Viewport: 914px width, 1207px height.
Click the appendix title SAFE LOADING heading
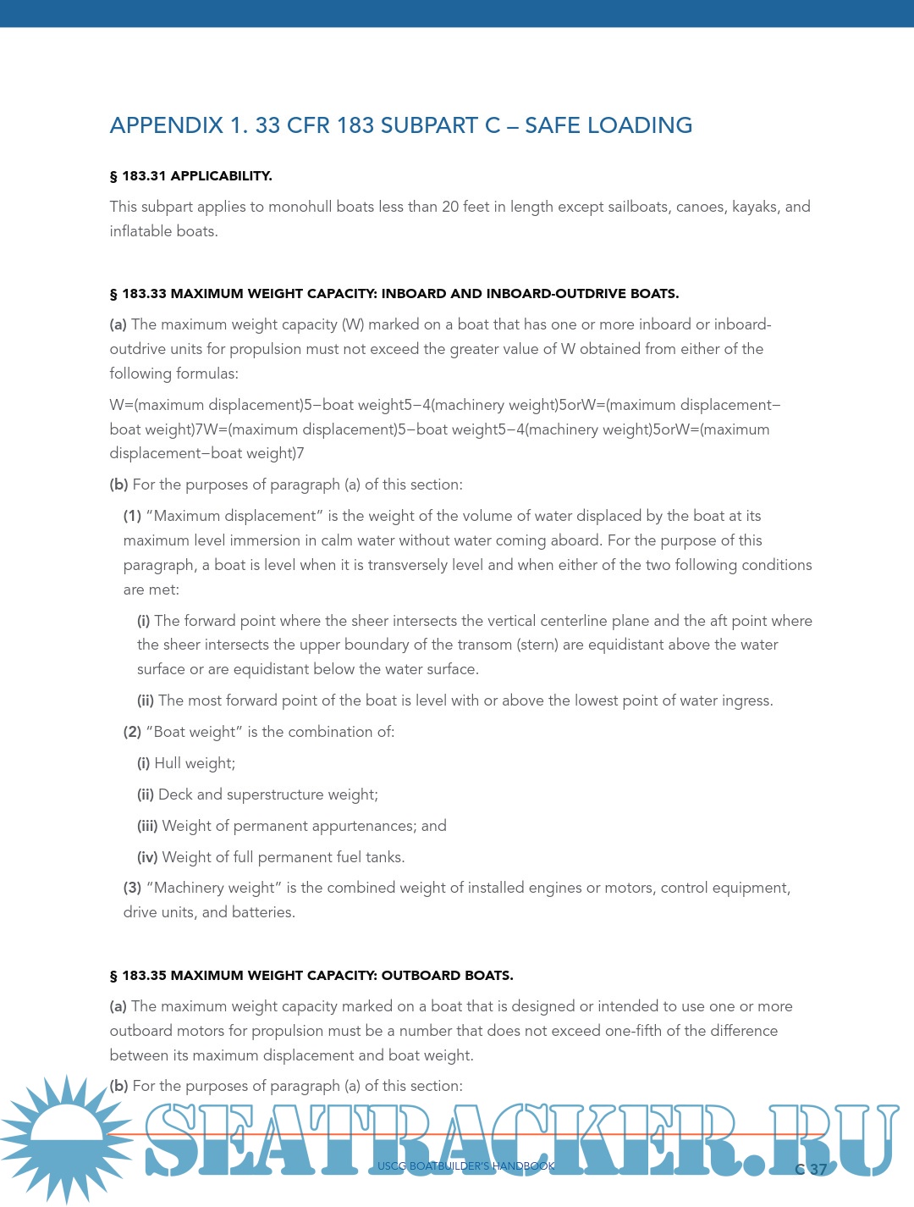(401, 125)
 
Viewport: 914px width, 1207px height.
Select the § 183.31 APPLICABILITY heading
(190, 176)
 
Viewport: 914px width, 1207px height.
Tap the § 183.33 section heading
(394, 294)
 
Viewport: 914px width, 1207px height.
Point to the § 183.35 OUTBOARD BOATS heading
(311, 976)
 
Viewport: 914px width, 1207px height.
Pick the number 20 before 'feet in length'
(450, 207)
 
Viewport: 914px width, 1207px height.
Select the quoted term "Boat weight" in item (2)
(194, 732)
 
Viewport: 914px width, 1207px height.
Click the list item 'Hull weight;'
(195, 763)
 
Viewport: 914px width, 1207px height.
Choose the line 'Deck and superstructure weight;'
(267, 795)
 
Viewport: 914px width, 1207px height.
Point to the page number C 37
(811, 1170)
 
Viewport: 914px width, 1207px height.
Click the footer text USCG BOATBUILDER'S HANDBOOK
(466, 1166)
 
